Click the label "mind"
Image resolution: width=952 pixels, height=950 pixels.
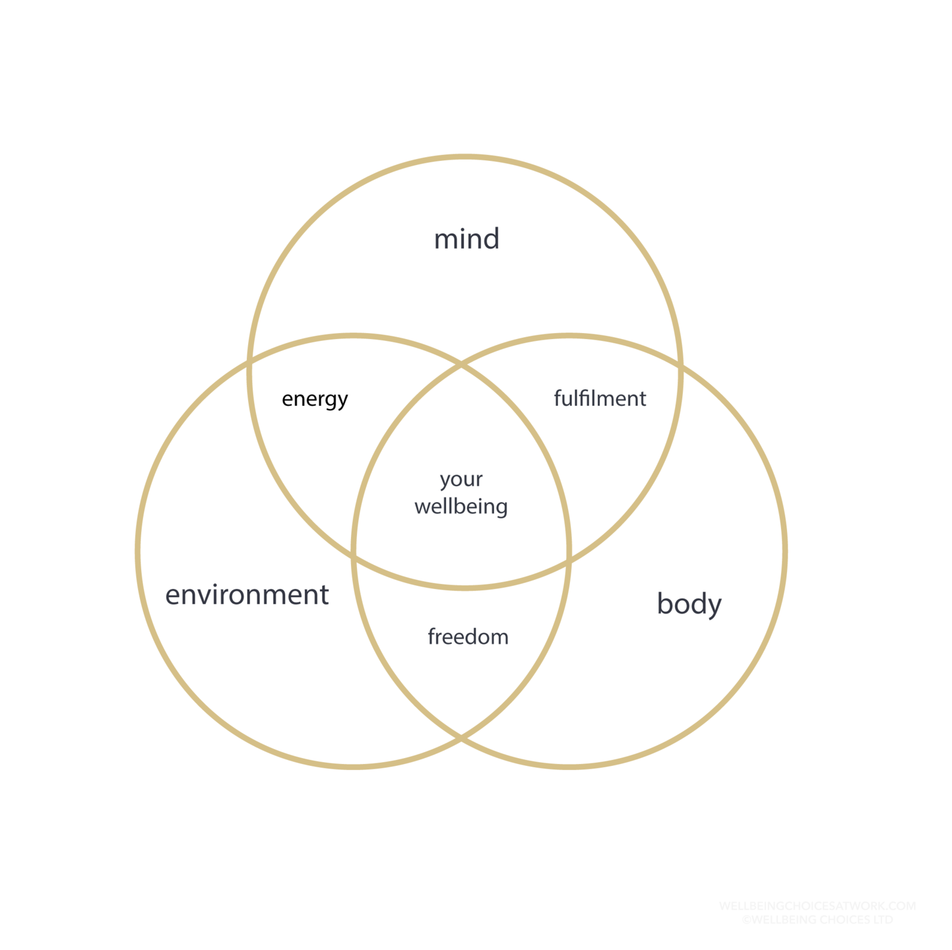(466, 239)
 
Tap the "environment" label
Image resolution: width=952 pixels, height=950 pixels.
(247, 595)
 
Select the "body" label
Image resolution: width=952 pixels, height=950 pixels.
(689, 604)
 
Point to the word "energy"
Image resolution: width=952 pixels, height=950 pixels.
(315, 399)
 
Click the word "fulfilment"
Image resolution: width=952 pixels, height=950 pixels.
(600, 398)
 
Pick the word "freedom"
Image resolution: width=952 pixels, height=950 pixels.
(468, 637)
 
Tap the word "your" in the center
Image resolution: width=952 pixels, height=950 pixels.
(461, 480)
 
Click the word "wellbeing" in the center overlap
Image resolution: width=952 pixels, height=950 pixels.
(461, 507)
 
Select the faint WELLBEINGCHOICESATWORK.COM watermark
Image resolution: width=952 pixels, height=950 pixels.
(817, 906)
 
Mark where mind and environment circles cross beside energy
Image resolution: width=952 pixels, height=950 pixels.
(250, 362)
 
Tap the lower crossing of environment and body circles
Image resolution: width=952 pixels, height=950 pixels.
(461, 737)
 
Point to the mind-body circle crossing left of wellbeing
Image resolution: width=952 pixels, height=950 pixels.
(355, 557)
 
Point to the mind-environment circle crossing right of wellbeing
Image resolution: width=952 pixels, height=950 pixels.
(568, 561)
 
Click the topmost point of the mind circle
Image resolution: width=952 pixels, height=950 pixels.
(465, 157)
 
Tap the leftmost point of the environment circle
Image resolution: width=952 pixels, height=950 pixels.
(138, 552)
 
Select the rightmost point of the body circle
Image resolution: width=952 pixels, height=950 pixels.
(785, 552)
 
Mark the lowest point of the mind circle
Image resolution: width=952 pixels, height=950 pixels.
(465, 586)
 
